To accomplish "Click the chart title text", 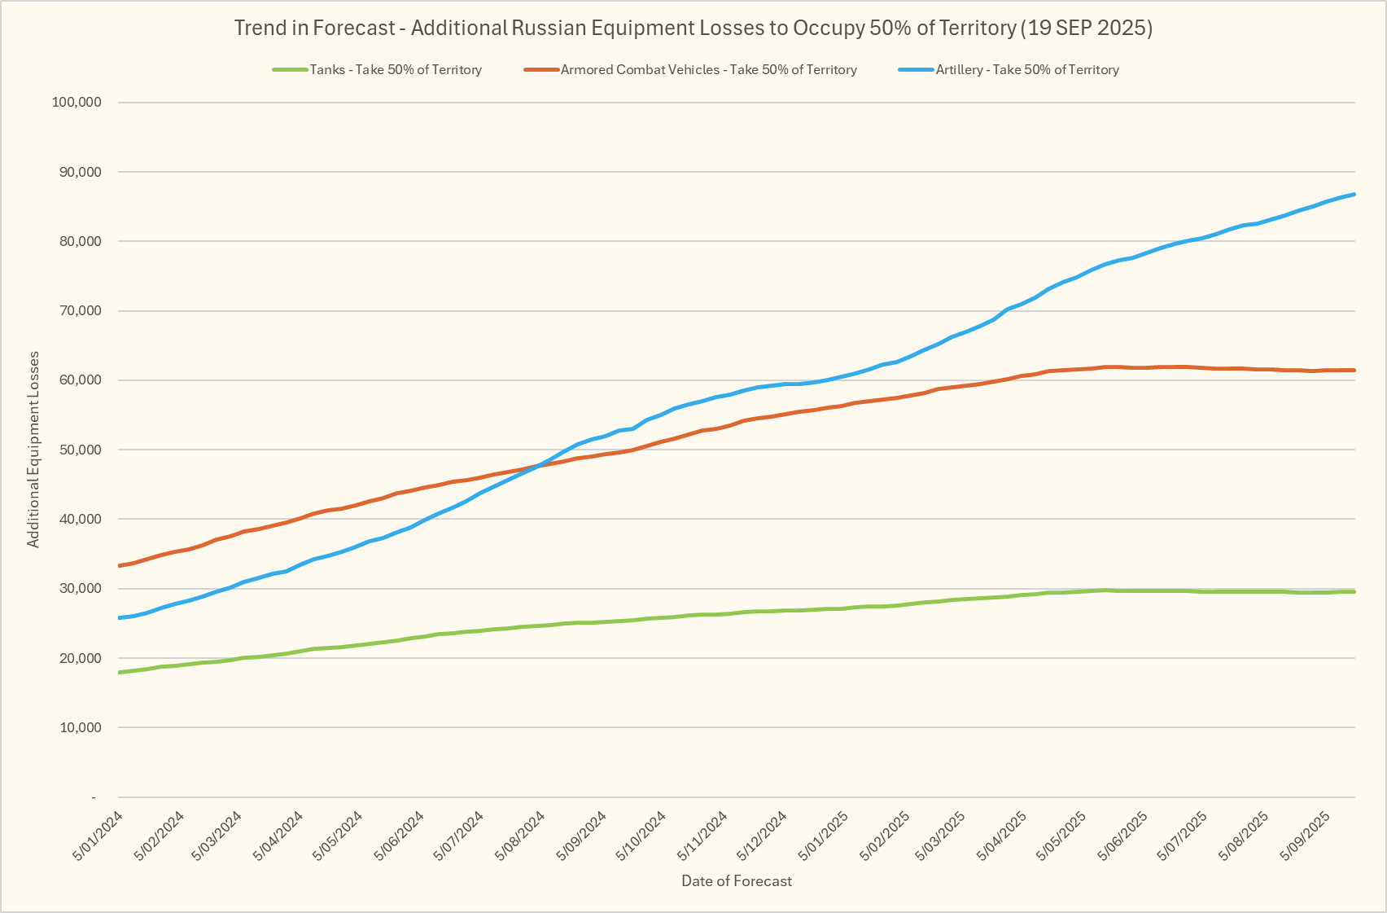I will (693, 28).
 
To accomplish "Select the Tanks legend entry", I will (396, 70).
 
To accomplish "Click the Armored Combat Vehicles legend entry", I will (708, 70).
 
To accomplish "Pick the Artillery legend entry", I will (1026, 70).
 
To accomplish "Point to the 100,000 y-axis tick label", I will (77, 103).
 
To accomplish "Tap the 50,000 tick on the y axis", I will (79, 450).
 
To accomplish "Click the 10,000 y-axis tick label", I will (79, 727).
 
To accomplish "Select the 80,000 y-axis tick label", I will (79, 241).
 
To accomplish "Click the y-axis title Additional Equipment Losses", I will (33, 449).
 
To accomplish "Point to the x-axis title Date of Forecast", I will (736, 880).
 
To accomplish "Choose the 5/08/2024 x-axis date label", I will (520, 836).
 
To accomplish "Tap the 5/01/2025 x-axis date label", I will (823, 836).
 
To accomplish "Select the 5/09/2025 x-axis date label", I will (1305, 836).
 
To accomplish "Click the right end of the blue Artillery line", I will (1354, 194).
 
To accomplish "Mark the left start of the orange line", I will (120, 565).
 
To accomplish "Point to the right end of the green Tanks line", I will (1354, 591).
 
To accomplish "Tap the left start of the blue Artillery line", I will (120, 617).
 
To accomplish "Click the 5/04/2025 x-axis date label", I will (1003, 836).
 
